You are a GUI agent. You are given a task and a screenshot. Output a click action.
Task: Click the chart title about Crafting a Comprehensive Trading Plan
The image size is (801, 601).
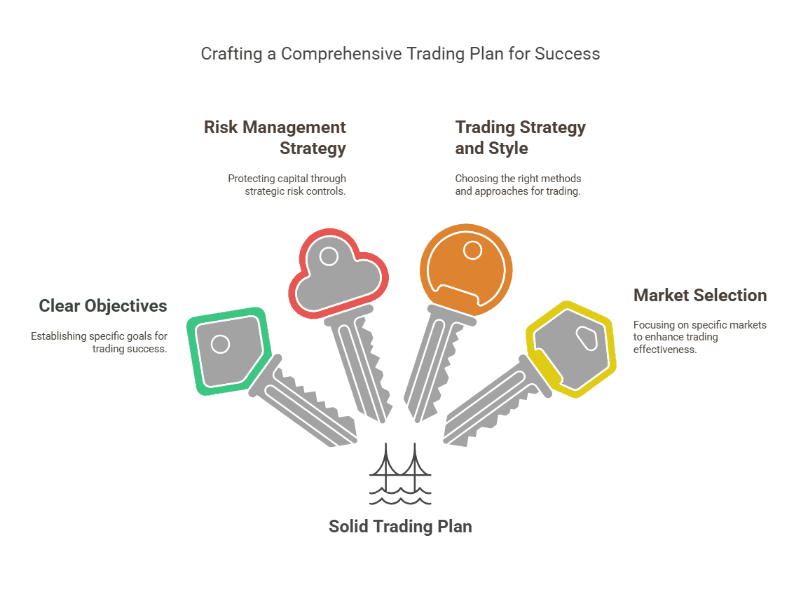(x=400, y=54)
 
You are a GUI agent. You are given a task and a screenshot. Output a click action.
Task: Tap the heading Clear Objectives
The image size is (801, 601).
(x=103, y=306)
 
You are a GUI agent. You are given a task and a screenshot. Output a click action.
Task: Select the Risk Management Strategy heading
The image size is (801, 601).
(x=275, y=138)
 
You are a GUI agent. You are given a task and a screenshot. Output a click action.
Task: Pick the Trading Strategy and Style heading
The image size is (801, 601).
(x=520, y=138)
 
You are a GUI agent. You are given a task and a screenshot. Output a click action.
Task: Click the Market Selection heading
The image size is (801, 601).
(x=699, y=296)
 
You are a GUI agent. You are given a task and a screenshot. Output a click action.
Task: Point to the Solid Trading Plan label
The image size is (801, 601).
(x=400, y=527)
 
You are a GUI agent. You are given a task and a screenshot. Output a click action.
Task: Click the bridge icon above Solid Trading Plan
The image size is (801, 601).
(x=400, y=474)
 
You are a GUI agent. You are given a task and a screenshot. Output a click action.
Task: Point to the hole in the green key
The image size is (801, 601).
(x=220, y=344)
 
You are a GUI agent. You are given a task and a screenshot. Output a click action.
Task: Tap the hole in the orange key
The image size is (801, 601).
(x=472, y=250)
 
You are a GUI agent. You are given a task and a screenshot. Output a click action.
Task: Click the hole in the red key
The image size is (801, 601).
(x=328, y=256)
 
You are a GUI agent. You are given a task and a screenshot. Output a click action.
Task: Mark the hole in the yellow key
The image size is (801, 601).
(x=585, y=338)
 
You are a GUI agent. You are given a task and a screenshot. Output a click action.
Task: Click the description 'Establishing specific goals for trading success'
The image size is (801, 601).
(x=100, y=343)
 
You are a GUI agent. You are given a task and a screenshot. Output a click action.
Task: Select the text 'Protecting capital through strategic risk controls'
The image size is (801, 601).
(x=287, y=185)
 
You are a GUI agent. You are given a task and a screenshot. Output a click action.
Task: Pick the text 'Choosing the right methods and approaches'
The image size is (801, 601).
(x=518, y=185)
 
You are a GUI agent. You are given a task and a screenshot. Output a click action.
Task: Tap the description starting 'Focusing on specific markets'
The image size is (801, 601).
(x=699, y=337)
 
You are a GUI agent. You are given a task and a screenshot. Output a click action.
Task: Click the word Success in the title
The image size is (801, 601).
(x=567, y=54)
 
